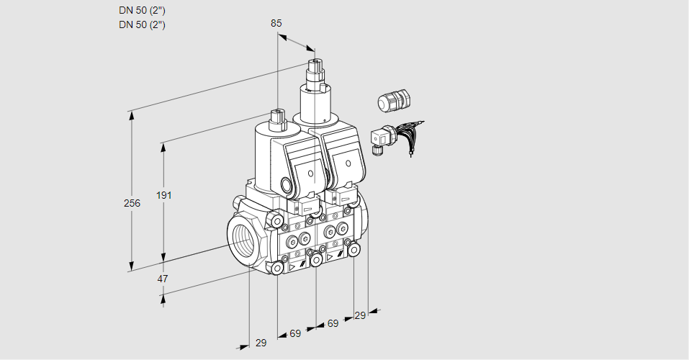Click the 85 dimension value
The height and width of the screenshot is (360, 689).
coord(276,23)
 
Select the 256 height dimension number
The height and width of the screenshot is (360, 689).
coord(132,203)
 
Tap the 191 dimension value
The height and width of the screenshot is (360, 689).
coord(164,195)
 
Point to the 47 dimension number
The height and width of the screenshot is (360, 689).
coord(163,279)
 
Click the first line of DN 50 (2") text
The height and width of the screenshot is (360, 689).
coord(142,11)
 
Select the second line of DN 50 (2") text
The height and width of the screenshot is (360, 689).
coord(142,24)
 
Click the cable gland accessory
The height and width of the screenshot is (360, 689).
coord(394,100)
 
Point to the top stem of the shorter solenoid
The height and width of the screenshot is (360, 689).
coord(278,118)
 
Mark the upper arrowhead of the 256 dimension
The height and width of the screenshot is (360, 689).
coord(131,116)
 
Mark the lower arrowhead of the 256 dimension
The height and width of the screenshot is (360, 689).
coord(131,266)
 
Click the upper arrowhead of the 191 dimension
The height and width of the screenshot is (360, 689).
coord(163,148)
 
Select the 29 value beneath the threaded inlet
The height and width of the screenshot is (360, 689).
coord(261,343)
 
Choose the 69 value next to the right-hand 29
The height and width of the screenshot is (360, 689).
coord(333,323)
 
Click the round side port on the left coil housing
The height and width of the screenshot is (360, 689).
coord(287,184)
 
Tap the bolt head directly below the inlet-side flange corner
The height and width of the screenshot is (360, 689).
coord(277,268)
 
